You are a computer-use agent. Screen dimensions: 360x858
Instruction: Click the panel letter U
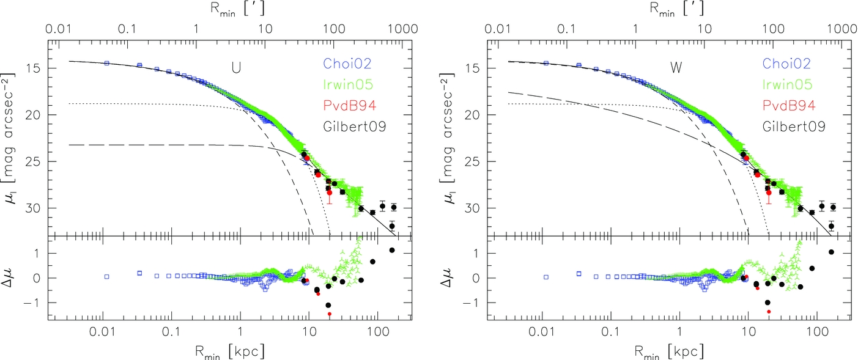(x=235, y=68)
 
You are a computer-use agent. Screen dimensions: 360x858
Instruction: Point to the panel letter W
(x=676, y=68)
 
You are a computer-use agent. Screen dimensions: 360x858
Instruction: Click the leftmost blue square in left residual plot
(x=106, y=276)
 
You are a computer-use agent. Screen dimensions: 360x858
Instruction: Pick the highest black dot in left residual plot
(x=392, y=250)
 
